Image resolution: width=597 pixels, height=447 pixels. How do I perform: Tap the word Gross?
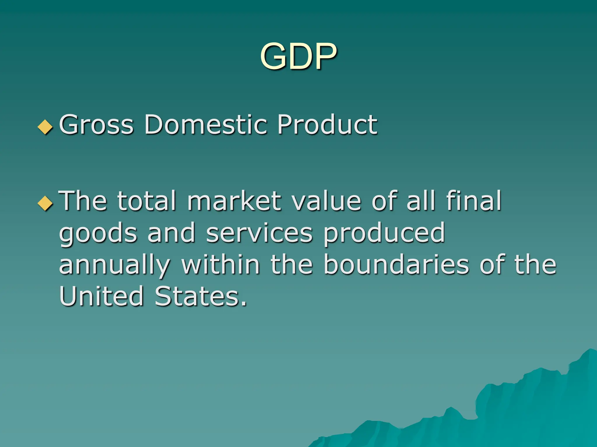(x=96, y=125)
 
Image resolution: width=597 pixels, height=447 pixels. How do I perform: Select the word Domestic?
(x=206, y=125)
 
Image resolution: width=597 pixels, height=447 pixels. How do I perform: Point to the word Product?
(x=327, y=125)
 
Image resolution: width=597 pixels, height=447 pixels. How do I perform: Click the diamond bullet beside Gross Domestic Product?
(x=45, y=127)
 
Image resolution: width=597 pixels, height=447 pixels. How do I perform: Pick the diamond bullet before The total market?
(x=45, y=203)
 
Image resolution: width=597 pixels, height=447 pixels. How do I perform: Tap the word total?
(x=147, y=201)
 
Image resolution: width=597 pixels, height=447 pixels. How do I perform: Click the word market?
(x=234, y=201)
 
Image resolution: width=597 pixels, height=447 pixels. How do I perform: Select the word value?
(x=327, y=201)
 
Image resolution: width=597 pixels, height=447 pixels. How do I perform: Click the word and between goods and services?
(x=171, y=233)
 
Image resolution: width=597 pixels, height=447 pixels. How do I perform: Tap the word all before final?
(x=421, y=201)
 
